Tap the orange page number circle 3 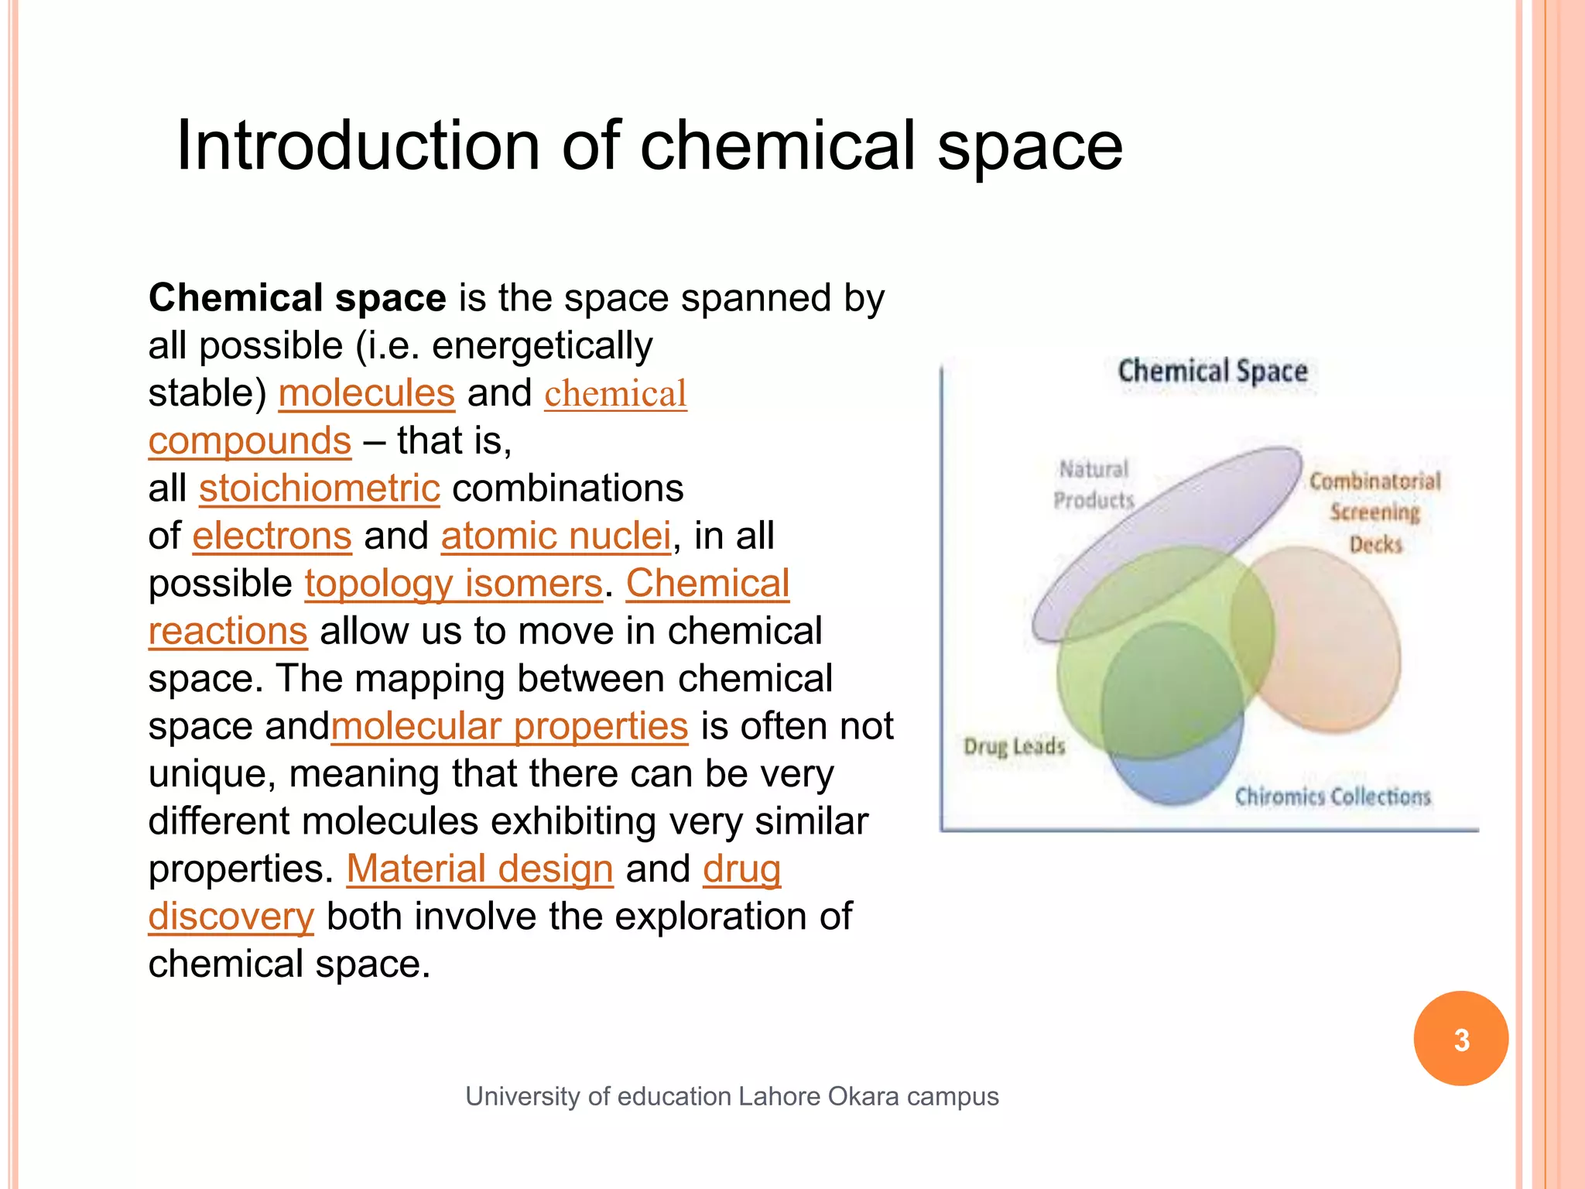tap(1460, 1039)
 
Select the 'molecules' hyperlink tap(366, 392)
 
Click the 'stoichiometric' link tap(319, 488)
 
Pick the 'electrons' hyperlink tap(272, 536)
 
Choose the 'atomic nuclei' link tap(556, 536)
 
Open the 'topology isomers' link tap(453, 583)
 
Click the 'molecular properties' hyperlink tap(509, 726)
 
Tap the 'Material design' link tap(479, 869)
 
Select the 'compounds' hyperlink tap(249, 440)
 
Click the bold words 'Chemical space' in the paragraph tap(297, 298)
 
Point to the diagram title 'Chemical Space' tap(1212, 371)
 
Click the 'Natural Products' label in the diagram tap(1094, 485)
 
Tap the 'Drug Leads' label tap(1014, 746)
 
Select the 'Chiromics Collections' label tap(1332, 797)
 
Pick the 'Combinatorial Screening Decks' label tap(1375, 512)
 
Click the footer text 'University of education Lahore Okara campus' tap(731, 1097)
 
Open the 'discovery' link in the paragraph tap(231, 917)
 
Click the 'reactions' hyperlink tap(228, 631)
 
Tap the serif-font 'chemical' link tap(615, 393)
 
